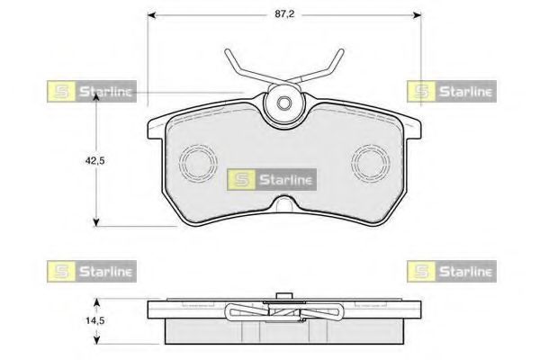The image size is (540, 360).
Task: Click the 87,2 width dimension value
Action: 284,14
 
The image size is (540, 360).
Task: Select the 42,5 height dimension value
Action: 94,160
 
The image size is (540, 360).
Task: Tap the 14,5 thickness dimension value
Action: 94,320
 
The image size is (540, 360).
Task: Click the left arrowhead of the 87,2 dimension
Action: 152,14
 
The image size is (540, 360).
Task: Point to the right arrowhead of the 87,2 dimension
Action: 417,14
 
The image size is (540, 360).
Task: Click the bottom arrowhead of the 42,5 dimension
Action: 96,222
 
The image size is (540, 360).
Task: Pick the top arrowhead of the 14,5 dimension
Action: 97,302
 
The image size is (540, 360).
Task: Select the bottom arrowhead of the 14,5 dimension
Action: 97,340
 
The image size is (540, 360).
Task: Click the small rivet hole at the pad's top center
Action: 284,103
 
